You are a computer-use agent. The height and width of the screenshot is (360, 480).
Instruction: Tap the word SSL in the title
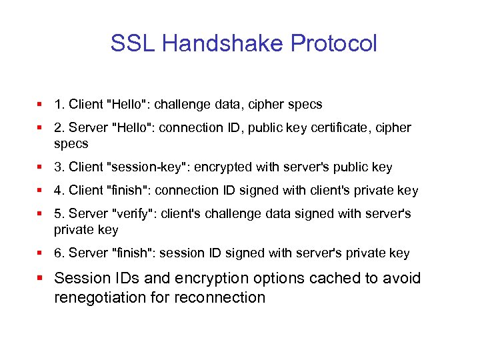click(x=133, y=44)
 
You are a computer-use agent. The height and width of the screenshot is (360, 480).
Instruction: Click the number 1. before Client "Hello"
click(x=59, y=105)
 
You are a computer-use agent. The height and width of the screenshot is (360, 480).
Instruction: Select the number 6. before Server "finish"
click(x=59, y=253)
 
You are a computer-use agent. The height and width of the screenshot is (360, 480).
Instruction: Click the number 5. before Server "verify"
click(x=59, y=213)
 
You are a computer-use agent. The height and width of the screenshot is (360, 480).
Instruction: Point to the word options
click(x=262, y=278)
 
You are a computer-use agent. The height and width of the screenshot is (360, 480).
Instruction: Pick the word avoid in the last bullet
click(x=400, y=278)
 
